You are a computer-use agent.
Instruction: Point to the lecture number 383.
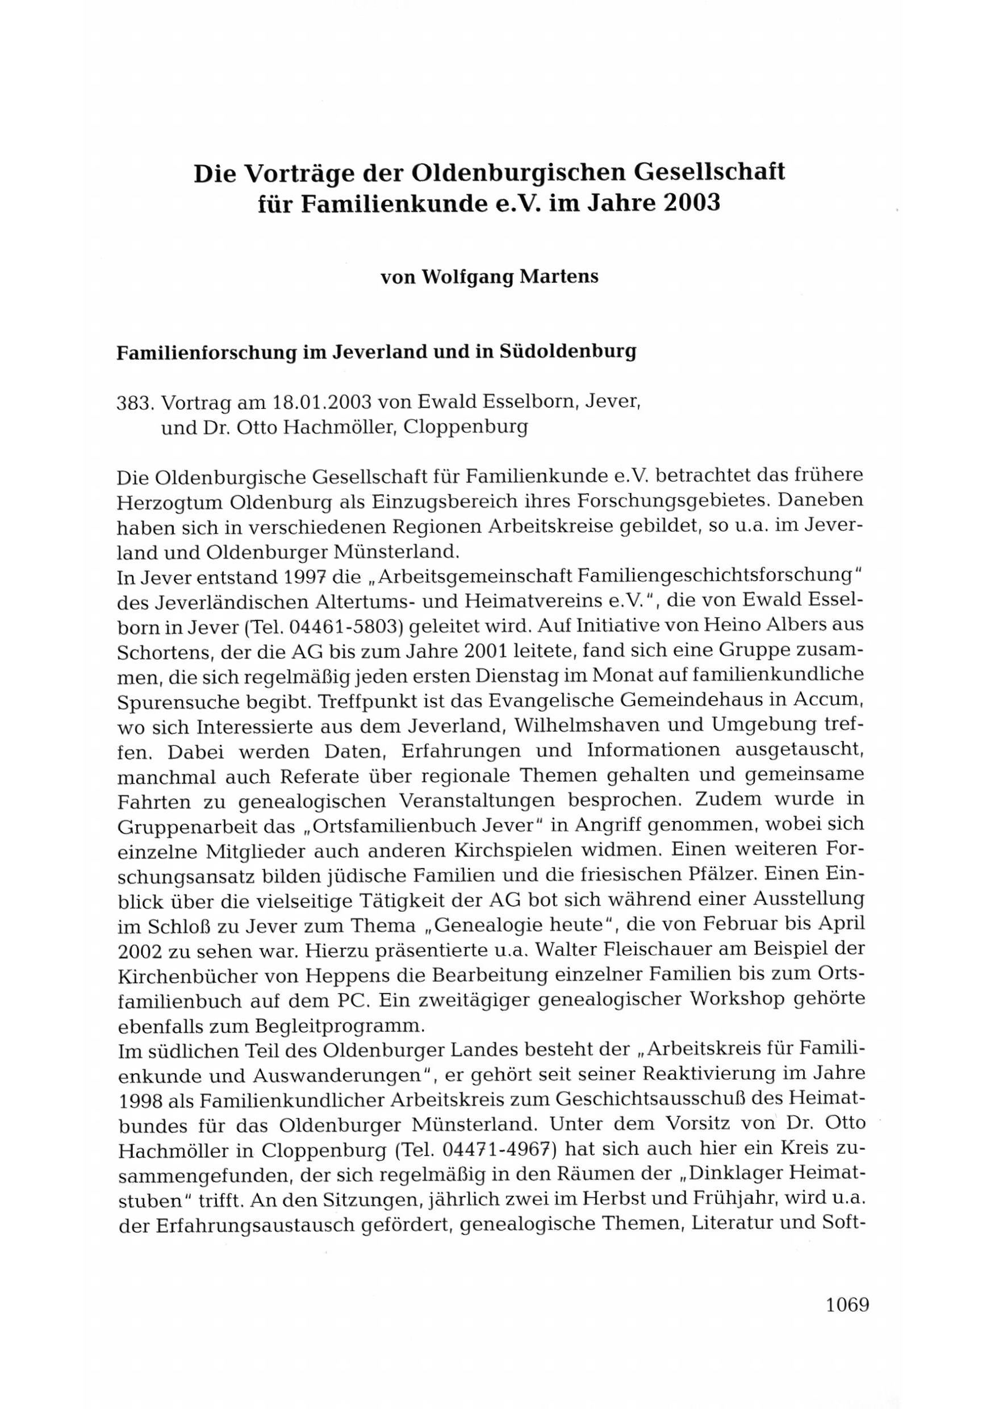(135, 403)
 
